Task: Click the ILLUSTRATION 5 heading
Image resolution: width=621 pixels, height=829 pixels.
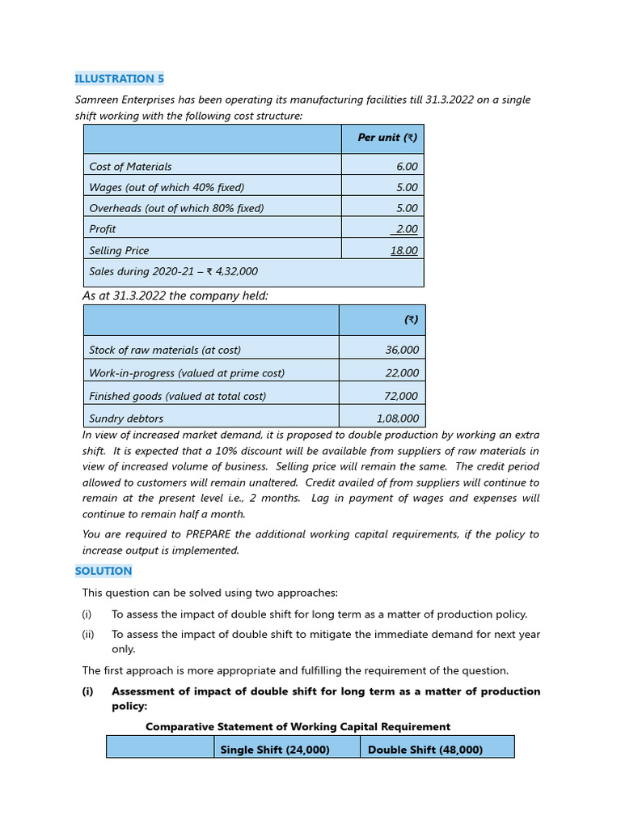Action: [119, 79]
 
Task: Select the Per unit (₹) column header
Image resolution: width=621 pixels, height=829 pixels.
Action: [387, 138]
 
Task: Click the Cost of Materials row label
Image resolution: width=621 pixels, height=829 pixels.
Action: [130, 167]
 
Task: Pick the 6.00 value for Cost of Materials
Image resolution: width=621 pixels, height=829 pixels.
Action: [407, 167]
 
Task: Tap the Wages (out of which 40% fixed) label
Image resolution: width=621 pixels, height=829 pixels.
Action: [167, 188]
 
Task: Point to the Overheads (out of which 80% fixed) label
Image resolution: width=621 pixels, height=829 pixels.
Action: [176, 209]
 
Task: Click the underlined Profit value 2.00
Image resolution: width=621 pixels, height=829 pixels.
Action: [406, 230]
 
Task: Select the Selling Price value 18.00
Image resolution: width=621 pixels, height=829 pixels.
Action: [403, 251]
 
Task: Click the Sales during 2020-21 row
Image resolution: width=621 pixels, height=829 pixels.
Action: [173, 272]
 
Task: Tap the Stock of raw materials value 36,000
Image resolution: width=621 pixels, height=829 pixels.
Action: [402, 351]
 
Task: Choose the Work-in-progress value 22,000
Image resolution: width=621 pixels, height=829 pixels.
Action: [402, 373]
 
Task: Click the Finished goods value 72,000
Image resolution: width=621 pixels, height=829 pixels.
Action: [402, 397]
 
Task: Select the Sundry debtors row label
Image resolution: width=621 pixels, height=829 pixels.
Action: [126, 419]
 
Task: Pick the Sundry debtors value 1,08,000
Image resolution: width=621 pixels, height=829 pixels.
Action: [398, 419]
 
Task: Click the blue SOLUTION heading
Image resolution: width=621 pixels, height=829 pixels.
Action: [103, 572]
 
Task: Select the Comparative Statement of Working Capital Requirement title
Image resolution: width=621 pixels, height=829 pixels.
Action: [298, 727]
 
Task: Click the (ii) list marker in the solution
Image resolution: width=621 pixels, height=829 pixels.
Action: [87, 636]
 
